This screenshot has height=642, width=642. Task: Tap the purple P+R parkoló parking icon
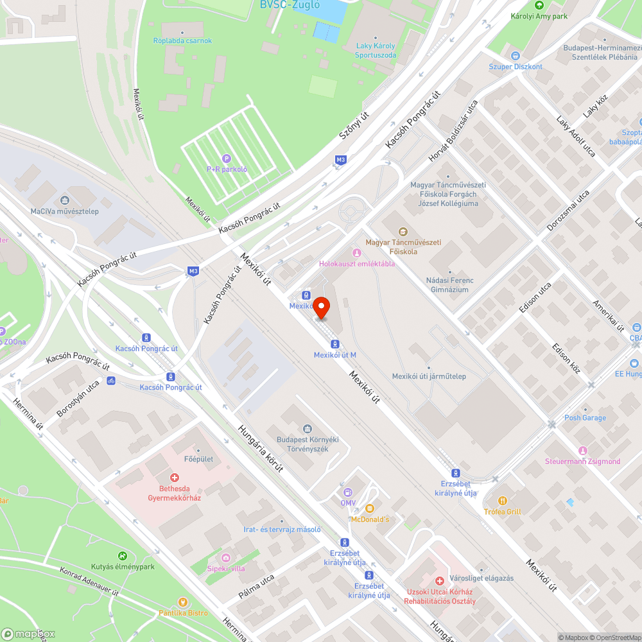click(x=226, y=159)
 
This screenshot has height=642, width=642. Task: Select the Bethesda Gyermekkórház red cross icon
click(x=174, y=478)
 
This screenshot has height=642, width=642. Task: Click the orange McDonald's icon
click(x=369, y=508)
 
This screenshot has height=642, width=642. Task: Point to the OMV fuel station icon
click(x=347, y=492)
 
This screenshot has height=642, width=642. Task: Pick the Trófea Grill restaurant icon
click(x=503, y=501)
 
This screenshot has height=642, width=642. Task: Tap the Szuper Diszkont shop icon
click(x=515, y=56)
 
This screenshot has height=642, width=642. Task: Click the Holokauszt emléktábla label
click(x=357, y=264)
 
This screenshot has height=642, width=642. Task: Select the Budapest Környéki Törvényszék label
click(x=307, y=444)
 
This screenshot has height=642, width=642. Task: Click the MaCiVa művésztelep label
click(x=65, y=211)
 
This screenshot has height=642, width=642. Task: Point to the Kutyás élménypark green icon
click(x=122, y=556)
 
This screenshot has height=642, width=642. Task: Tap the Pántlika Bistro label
click(x=183, y=612)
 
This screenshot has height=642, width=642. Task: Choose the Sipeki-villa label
click(x=226, y=568)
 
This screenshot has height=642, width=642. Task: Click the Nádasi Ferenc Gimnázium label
click(x=450, y=285)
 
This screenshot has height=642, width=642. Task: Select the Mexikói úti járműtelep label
click(x=429, y=376)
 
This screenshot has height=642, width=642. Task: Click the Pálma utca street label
click(x=257, y=589)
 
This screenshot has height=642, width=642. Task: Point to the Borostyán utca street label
click(x=78, y=397)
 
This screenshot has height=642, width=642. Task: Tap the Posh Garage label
click(x=585, y=418)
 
